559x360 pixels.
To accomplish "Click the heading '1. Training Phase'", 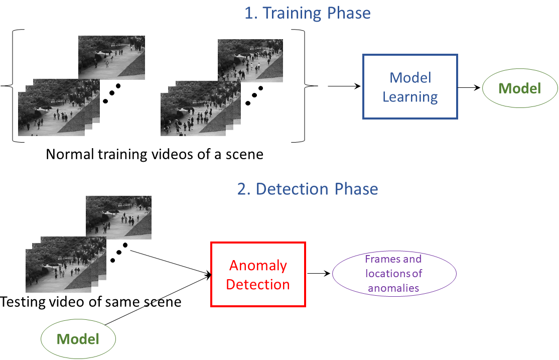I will (307, 13).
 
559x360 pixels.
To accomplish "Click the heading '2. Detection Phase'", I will (307, 189).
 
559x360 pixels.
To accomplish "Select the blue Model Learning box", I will (410, 87).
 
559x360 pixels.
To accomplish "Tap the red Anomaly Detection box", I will (258, 275).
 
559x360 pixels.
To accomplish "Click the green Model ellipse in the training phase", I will (520, 89).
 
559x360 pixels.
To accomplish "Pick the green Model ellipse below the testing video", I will (78, 339).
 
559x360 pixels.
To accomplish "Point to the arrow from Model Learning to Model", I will (469, 87).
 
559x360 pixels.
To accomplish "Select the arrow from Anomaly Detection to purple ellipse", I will (319, 274).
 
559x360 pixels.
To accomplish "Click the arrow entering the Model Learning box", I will (345, 86).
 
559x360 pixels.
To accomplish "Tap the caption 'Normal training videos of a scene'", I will (155, 154).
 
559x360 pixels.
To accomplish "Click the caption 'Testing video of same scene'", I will (91, 302).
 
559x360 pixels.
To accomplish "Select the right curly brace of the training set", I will (307, 86).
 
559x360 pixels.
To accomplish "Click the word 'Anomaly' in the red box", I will (258, 266).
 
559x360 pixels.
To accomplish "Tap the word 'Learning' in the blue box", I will (410, 97).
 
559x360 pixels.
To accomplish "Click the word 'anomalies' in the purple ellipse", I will (393, 288).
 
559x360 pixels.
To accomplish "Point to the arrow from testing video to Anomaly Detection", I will (171, 261).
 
